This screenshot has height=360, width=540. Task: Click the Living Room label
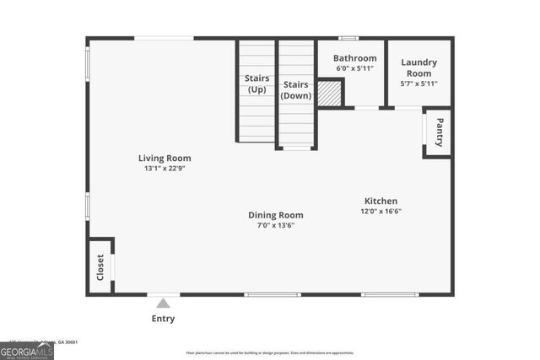[165, 158]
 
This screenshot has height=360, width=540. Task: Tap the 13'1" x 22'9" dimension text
[165, 168]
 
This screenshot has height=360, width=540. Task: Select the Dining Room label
[275, 215]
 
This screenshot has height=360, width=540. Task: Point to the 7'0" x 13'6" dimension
[275, 225]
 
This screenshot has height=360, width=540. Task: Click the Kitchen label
[381, 201]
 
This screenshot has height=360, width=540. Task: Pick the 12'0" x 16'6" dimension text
[381, 211]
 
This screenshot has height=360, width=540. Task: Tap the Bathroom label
[354, 58]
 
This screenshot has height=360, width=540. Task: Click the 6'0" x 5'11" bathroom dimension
[354, 68]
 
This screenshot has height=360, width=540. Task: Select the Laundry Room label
[418, 67]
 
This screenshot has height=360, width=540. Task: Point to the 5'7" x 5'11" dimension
[418, 83]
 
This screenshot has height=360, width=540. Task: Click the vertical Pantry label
[440, 132]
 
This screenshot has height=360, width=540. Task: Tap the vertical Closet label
[100, 266]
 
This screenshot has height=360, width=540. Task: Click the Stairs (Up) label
[257, 83]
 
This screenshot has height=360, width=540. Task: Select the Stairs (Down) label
[296, 89]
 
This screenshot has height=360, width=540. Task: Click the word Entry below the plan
[164, 318]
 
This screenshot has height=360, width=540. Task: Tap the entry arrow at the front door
[164, 301]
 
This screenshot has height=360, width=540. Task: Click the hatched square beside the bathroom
[329, 94]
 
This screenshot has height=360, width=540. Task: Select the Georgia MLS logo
[27, 351]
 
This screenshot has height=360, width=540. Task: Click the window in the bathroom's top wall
[348, 38]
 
